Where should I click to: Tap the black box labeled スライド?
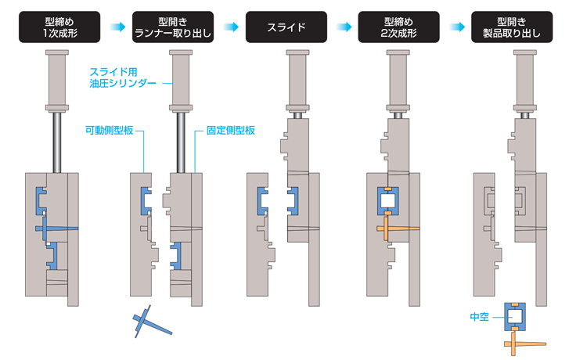click(286, 27)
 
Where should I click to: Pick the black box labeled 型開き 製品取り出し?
click(514, 27)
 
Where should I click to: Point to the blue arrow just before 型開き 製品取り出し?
click(457, 27)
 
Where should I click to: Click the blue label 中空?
click(479, 316)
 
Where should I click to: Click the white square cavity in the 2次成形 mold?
click(389, 202)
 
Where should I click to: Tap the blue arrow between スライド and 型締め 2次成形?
click(343, 27)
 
